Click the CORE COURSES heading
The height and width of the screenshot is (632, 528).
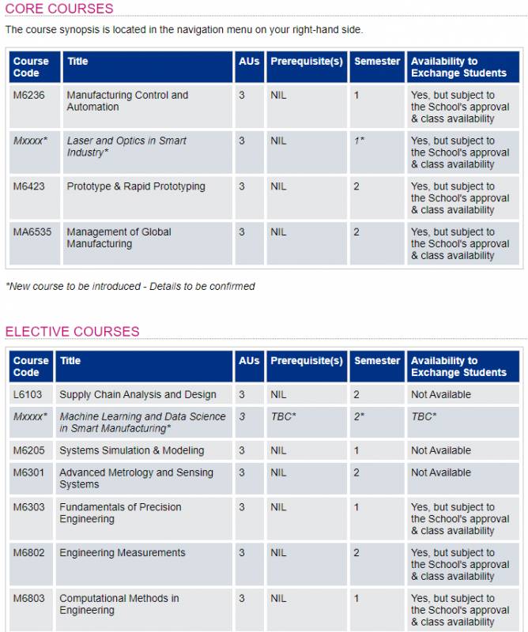[59, 9]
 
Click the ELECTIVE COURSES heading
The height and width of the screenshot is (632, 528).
[72, 331]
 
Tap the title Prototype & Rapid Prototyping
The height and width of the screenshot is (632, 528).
[136, 186]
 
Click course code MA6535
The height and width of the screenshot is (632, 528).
[32, 232]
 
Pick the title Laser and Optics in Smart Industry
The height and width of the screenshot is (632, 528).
[126, 146]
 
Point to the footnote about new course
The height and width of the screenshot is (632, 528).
[130, 286]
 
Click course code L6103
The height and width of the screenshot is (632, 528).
[27, 394]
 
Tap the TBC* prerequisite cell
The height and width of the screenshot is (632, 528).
[283, 416]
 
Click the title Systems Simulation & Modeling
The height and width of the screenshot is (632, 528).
[131, 450]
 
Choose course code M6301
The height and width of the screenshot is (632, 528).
[28, 472]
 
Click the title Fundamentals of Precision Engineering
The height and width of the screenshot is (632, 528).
[120, 513]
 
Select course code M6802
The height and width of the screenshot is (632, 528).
[28, 553]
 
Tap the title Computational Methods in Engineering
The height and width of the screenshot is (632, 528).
[119, 604]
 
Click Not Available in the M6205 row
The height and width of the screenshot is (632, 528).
[440, 450]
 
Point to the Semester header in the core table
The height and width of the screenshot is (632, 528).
[377, 62]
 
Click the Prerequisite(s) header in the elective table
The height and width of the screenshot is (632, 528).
[307, 361]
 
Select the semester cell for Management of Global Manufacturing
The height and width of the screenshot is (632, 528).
[356, 232]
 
